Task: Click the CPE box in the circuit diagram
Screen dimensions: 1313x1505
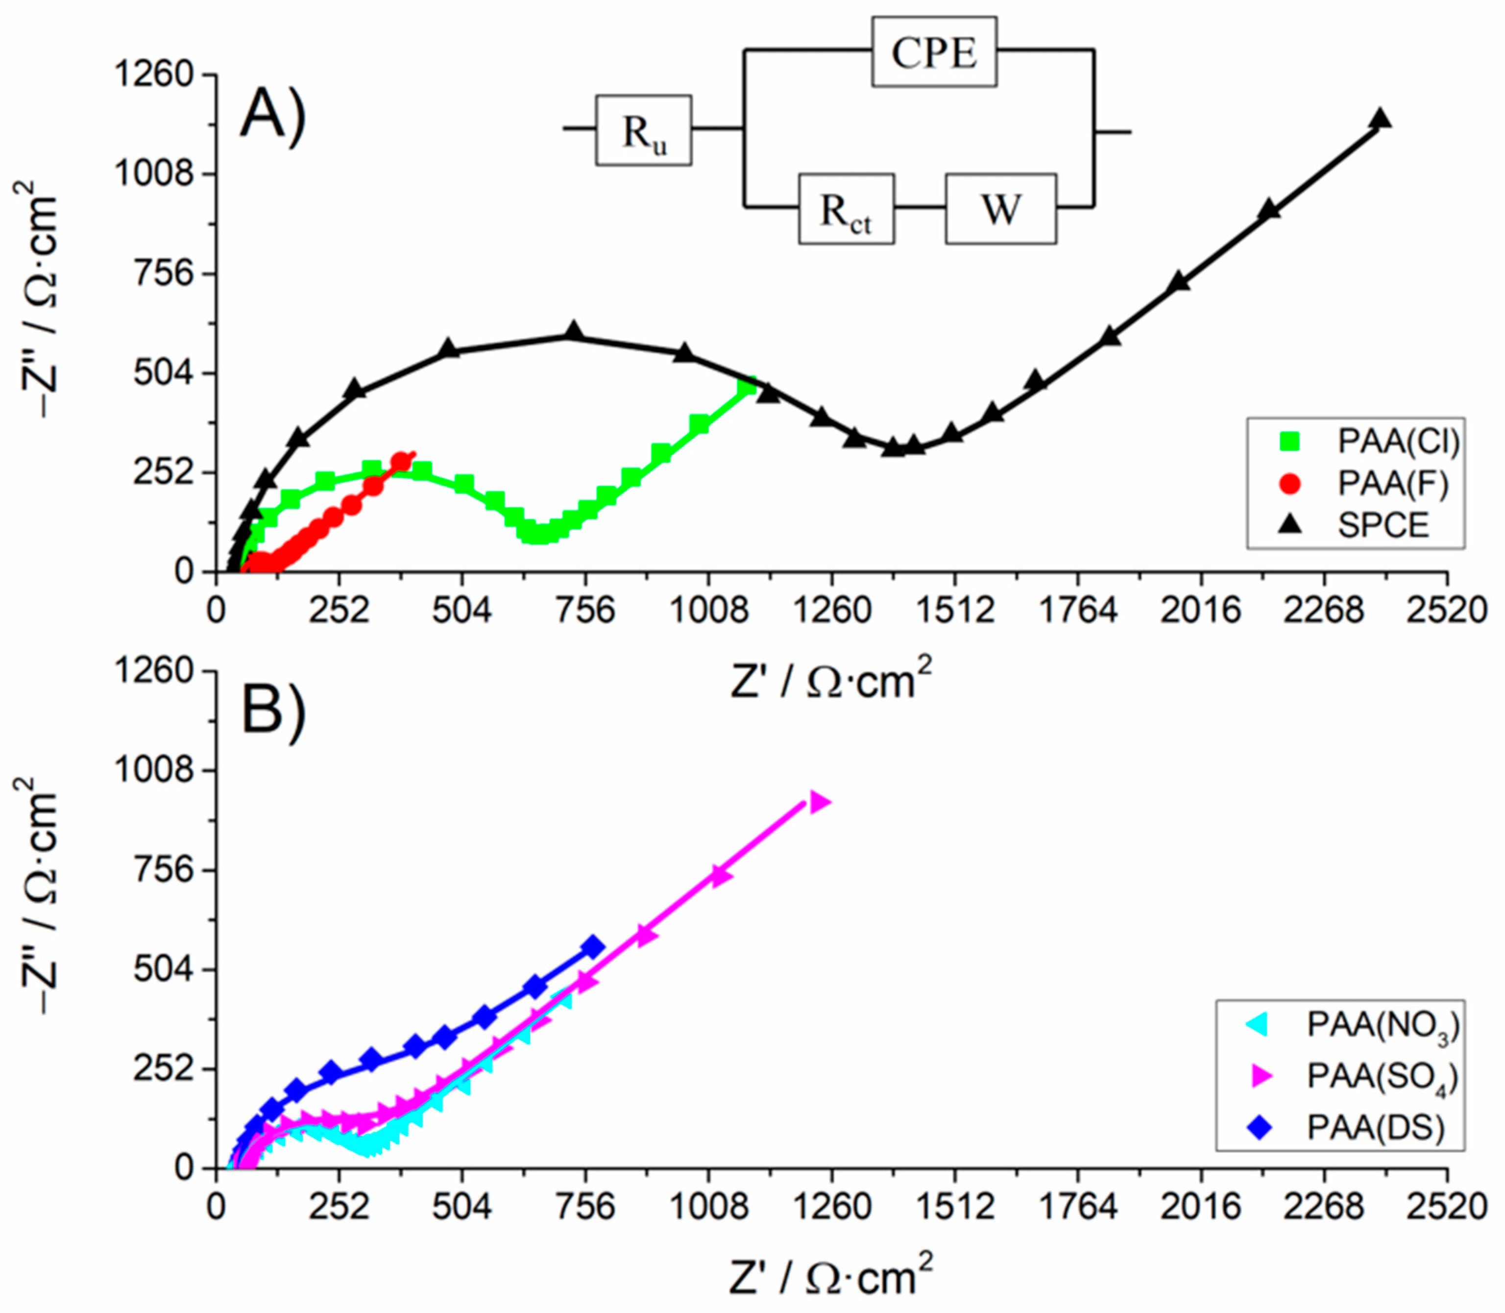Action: [x=933, y=52]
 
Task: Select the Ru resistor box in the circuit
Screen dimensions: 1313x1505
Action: [x=643, y=130]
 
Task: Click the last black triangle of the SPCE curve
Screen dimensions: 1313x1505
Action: [x=1381, y=119]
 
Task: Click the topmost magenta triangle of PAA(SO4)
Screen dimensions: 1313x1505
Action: [x=820, y=802]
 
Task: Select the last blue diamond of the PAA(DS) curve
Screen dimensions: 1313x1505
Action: [x=593, y=947]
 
